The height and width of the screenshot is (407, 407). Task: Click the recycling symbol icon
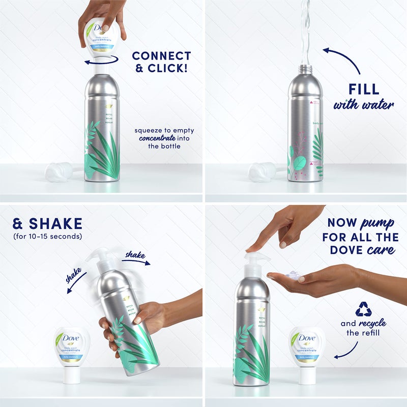coord(363,309)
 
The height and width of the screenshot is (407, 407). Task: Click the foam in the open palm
coord(294,275)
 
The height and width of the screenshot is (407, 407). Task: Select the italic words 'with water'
coord(363,105)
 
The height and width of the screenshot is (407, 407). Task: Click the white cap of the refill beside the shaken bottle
coord(72,375)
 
